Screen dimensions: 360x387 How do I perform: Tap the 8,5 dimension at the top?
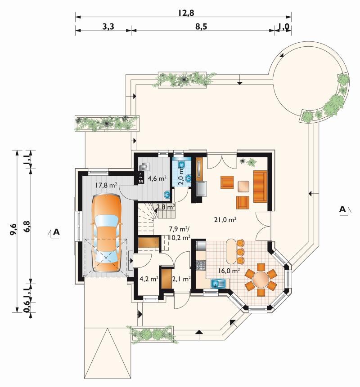(201, 27)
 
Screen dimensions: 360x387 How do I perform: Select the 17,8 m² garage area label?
(106, 185)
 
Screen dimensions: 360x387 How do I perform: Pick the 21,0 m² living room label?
(225, 219)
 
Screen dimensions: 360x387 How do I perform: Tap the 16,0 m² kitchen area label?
(229, 271)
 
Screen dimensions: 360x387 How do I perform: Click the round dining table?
(261, 280)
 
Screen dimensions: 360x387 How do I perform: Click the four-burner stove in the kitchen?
(201, 265)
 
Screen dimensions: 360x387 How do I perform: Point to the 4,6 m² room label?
(157, 178)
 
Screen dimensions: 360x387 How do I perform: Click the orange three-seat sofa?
(260, 186)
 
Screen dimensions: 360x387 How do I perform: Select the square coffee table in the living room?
(244, 187)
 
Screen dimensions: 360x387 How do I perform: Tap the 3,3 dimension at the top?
(108, 27)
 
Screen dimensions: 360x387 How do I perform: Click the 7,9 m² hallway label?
(177, 229)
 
